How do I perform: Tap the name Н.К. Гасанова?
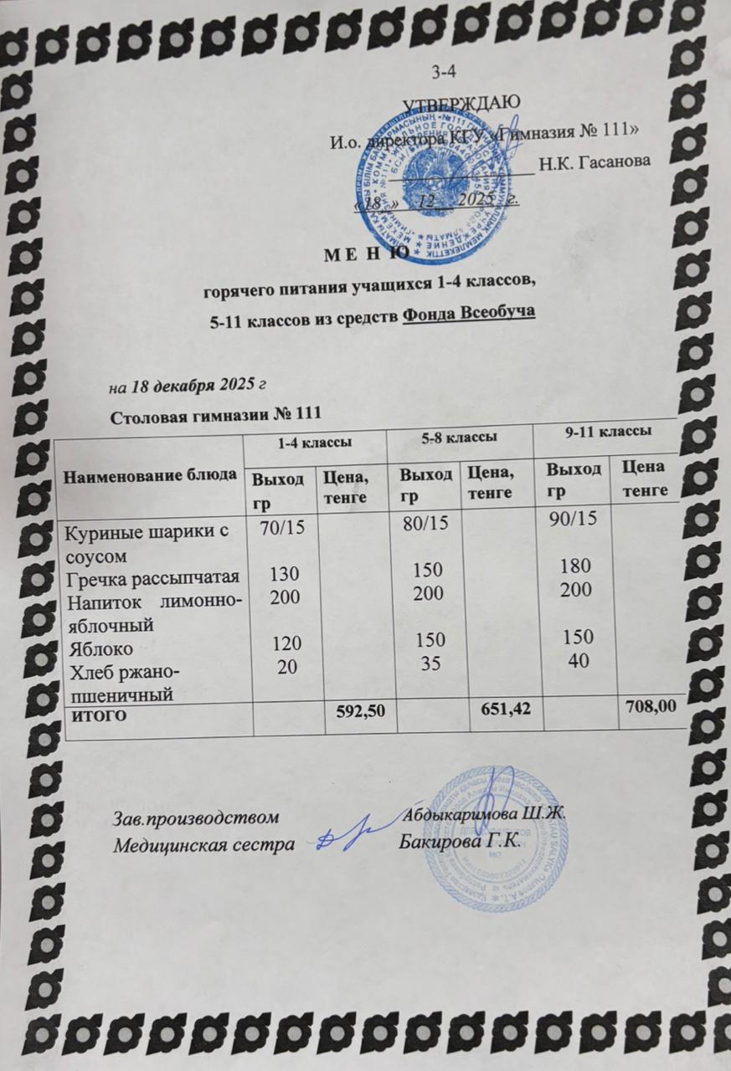[594, 163]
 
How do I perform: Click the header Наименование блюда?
[151, 475]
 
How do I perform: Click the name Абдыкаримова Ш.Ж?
[486, 811]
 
